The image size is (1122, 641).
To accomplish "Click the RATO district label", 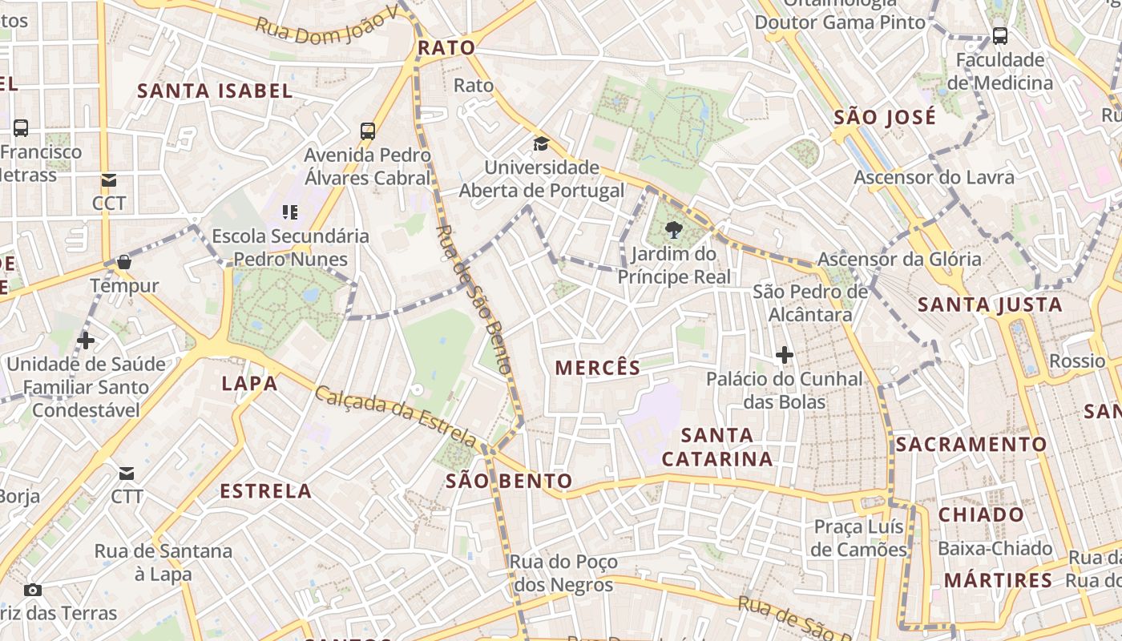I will pos(446,48).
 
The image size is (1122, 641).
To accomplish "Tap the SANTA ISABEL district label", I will pos(215,91).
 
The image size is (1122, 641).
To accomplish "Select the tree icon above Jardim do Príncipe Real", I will pos(674,231).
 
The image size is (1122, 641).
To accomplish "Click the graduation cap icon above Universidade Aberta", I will pos(542,144).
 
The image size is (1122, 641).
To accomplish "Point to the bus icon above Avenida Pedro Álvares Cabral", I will pos(368,131).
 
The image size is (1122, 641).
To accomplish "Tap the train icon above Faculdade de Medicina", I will pos(1000,36).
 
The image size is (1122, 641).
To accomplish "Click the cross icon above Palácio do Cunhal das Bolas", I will pos(785,354).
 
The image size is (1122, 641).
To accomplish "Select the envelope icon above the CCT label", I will pos(108,180).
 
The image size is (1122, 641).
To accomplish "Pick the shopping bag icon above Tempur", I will pos(124,262).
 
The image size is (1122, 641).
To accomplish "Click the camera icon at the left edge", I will pos(33,591).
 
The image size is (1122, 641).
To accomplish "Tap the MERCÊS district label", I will pos(598,368).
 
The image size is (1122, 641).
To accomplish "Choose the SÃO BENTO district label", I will pos(509,481).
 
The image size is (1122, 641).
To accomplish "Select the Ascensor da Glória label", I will pos(898,259).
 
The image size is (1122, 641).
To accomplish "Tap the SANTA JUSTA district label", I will pos(990,304).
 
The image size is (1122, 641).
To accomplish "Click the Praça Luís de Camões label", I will pos(858,538).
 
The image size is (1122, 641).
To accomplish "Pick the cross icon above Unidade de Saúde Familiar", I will pos(86,341).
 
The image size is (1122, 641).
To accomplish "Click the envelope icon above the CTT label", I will pos(127,473).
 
